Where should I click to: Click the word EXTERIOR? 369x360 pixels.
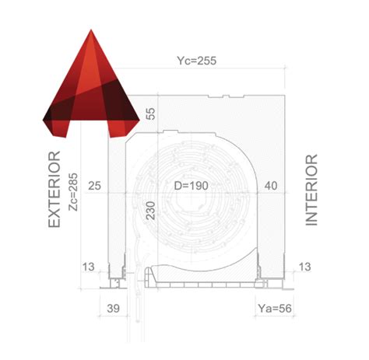pyautogui.click(x=54, y=190)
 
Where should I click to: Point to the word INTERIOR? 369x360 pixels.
pyautogui.click(x=312, y=190)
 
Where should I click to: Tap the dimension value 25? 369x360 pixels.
pyautogui.click(x=96, y=187)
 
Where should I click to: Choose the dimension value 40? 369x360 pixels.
pyautogui.click(x=272, y=187)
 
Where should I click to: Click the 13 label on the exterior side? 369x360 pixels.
pyautogui.click(x=89, y=267)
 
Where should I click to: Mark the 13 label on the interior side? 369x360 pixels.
pyautogui.click(x=304, y=267)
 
